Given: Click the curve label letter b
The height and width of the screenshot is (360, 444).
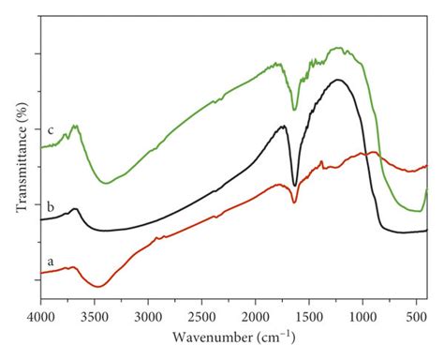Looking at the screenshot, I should [x=37, y=204].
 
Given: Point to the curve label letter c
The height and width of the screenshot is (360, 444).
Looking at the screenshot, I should [x=37, y=129].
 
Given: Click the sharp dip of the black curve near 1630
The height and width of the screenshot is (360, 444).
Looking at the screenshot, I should [x=295, y=185].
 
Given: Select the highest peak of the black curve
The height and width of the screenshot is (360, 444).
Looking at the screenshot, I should [x=338, y=80].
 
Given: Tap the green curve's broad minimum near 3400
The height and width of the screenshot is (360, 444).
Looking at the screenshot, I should [x=105, y=183].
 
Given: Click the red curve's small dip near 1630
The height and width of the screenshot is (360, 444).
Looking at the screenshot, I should [x=295, y=202].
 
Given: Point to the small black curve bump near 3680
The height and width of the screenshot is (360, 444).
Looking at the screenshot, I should [x=75, y=209].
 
